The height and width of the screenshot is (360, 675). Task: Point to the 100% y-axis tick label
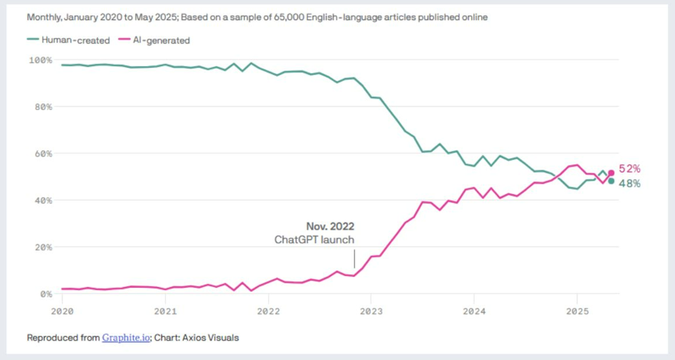[x=41, y=60]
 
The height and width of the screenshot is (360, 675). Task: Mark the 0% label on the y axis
[x=45, y=294]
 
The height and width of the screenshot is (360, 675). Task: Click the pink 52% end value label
[x=630, y=169]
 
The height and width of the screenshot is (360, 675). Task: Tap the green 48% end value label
[x=630, y=184]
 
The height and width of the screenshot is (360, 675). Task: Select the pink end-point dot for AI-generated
[x=612, y=173]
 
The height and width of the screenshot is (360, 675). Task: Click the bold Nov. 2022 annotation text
[x=330, y=226]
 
